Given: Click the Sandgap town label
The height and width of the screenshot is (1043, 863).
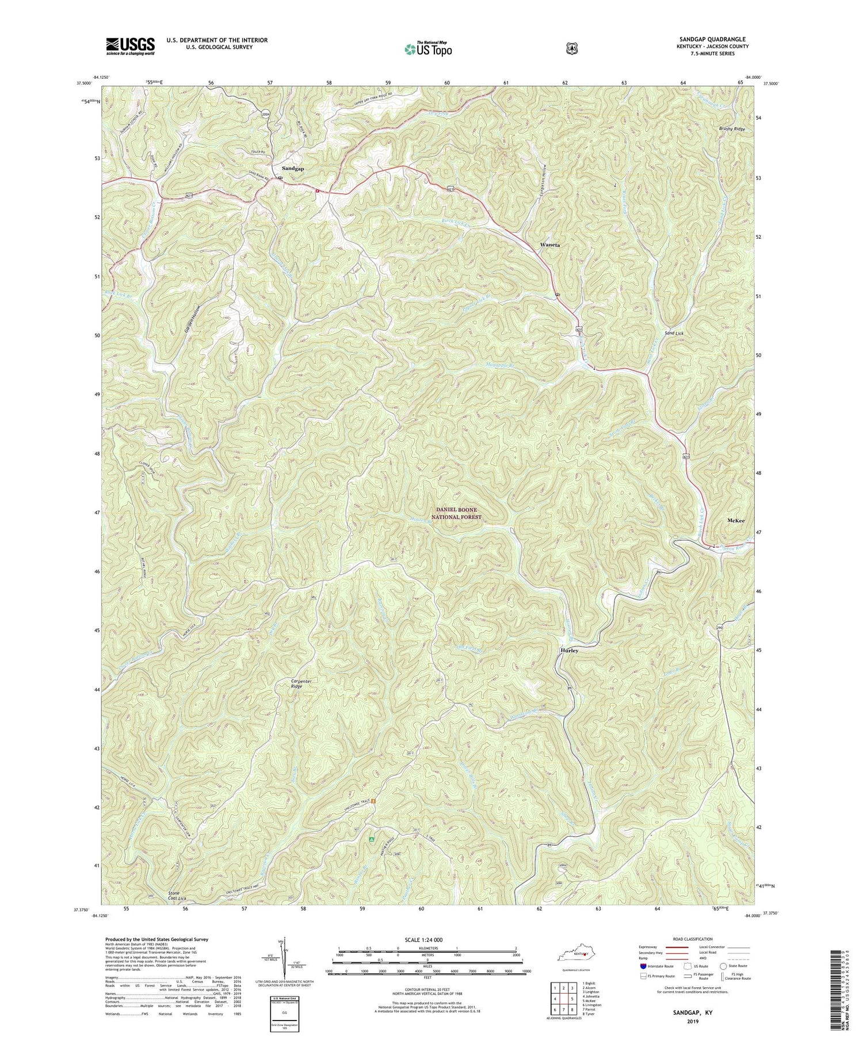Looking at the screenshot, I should [293, 169].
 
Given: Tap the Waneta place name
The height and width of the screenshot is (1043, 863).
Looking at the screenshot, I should [549, 245].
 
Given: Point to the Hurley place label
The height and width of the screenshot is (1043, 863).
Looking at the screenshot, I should [569, 651].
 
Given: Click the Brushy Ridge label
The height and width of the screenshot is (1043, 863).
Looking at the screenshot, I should [731, 129].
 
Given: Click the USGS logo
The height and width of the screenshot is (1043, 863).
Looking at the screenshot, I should [130, 46].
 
